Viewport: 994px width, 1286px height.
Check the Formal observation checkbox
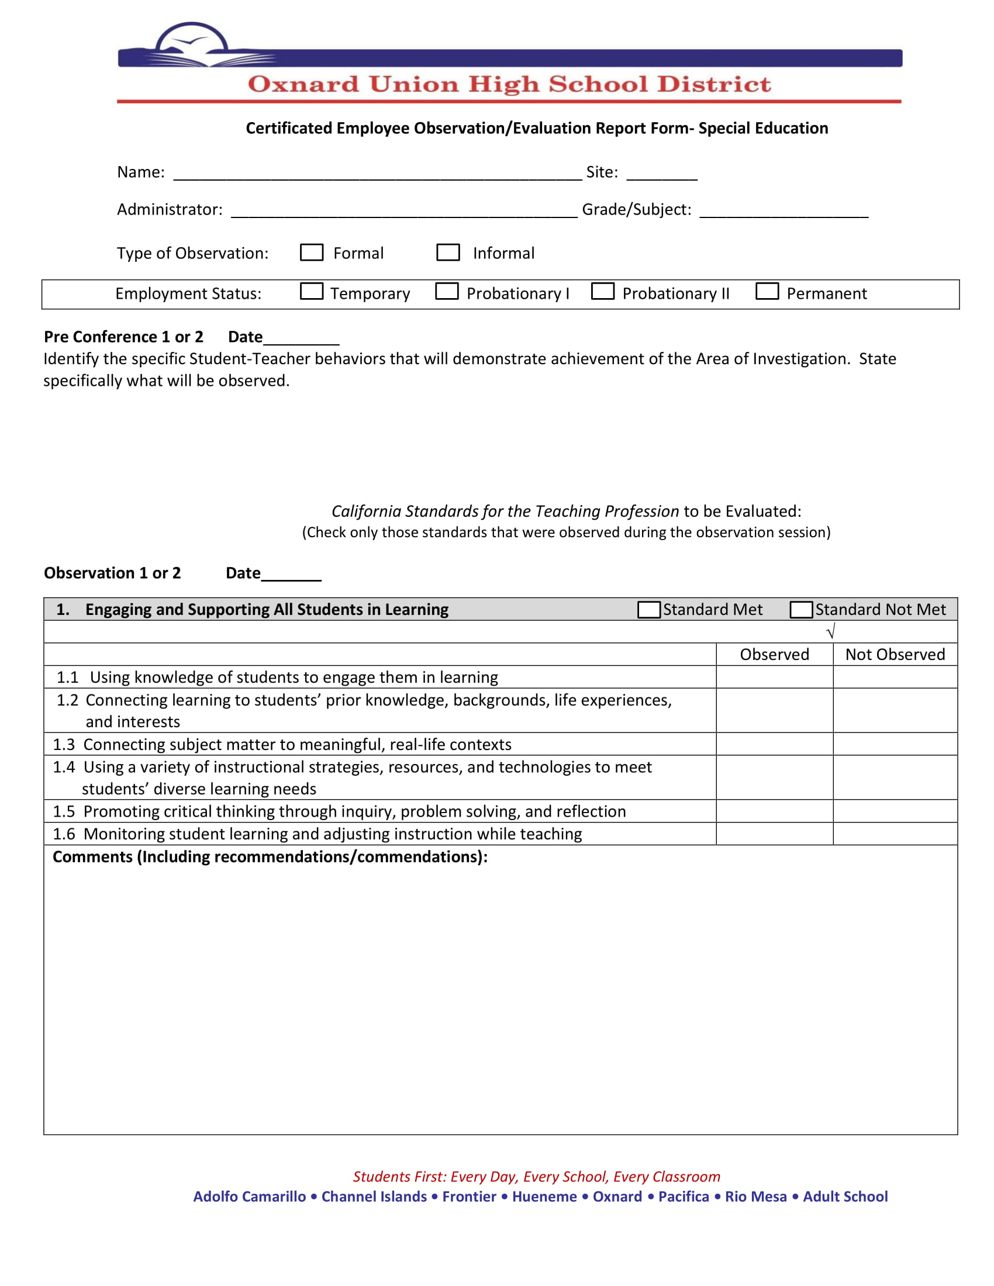[x=312, y=253]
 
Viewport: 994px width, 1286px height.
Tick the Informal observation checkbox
[x=447, y=253]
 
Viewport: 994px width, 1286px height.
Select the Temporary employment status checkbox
[x=312, y=292]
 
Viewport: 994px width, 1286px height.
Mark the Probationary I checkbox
[x=446, y=292]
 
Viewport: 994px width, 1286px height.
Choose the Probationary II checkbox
[x=602, y=292]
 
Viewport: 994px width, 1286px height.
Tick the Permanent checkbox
[x=767, y=292]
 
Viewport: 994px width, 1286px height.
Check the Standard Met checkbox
[x=648, y=610]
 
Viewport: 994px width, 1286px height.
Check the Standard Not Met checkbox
[x=801, y=610]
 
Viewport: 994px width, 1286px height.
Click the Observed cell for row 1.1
[x=774, y=677]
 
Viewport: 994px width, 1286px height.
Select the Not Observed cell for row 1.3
[x=895, y=744]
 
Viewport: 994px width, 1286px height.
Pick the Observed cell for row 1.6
[x=774, y=834]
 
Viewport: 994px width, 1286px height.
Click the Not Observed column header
[x=895, y=654]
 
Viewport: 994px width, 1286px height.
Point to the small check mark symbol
[x=831, y=632]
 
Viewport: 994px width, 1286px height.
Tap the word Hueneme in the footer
[x=544, y=1197]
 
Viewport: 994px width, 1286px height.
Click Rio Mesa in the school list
[x=755, y=1197]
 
